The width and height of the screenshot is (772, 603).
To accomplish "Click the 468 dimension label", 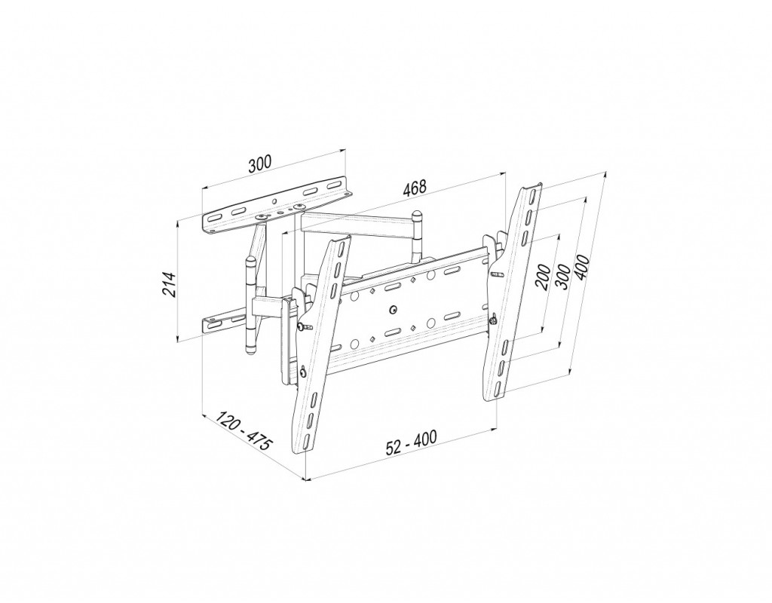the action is coord(414,188).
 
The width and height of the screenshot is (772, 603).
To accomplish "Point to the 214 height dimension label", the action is coord(170,284).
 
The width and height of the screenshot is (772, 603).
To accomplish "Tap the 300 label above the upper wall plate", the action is coord(259,164).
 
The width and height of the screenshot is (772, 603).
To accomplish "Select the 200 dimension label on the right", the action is coord(543,277).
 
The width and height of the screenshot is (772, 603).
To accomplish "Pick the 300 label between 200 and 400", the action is coord(562,273).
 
